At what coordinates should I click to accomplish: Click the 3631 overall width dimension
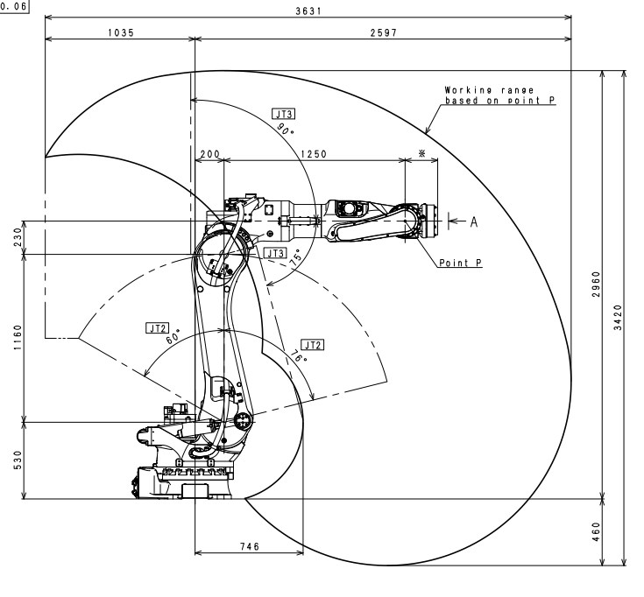point(322,8)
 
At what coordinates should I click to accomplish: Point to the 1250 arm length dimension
point(313,154)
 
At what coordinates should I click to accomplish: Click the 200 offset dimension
point(209,154)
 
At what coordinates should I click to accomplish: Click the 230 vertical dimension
point(18,236)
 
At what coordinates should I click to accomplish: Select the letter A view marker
point(474,221)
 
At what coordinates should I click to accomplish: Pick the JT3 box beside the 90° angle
point(283,114)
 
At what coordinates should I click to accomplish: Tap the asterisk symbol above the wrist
point(422,154)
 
